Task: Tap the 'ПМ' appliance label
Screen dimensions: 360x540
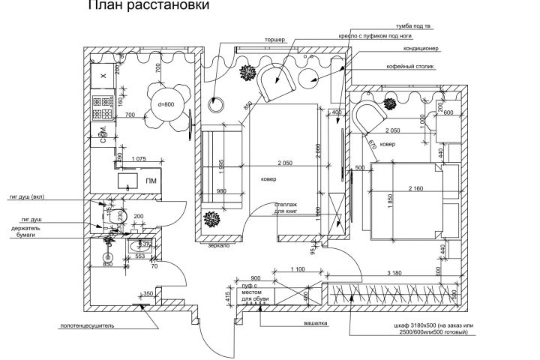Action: click(x=151, y=181)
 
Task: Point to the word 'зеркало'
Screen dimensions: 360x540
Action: click(x=218, y=245)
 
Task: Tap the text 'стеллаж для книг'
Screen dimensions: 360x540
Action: click(x=286, y=208)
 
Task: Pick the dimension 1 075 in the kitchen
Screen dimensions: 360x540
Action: click(x=138, y=159)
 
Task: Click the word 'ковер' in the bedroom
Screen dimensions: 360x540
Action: click(x=388, y=144)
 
